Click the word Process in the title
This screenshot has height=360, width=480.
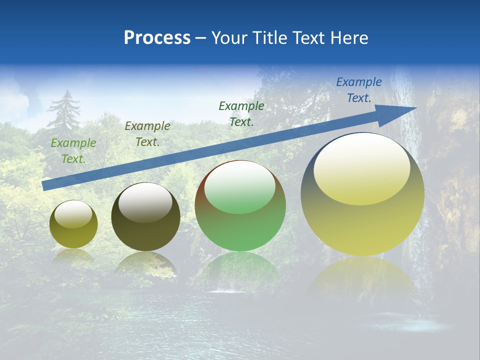click(157, 38)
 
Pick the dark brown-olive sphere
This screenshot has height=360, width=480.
click(145, 217)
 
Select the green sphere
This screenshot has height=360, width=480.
click(240, 206)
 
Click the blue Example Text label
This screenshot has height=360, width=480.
click(359, 90)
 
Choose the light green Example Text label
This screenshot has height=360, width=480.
click(73, 151)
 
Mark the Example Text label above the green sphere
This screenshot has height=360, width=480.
click(241, 113)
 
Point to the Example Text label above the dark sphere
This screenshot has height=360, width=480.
click(147, 134)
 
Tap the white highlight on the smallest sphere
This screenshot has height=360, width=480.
click(73, 214)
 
